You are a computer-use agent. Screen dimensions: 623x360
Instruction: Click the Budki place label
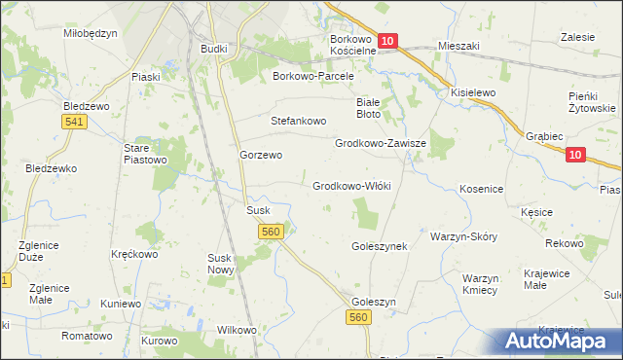pyautogui.click(x=213, y=49)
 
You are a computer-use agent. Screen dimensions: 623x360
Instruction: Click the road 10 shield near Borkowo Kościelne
pyautogui.click(x=387, y=41)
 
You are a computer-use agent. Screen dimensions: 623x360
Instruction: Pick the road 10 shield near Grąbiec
pyautogui.click(x=575, y=155)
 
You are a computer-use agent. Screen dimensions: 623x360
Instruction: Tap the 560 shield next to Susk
pyautogui.click(x=272, y=231)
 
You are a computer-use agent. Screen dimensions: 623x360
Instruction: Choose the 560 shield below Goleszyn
pyautogui.click(x=359, y=318)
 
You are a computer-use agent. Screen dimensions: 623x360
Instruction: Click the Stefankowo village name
pyautogui.click(x=298, y=122)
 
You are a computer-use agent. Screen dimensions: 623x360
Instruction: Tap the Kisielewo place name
pyautogui.click(x=473, y=92)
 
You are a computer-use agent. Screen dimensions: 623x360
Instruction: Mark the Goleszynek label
pyautogui.click(x=379, y=247)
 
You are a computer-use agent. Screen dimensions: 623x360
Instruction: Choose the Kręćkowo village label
pyautogui.click(x=134, y=254)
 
